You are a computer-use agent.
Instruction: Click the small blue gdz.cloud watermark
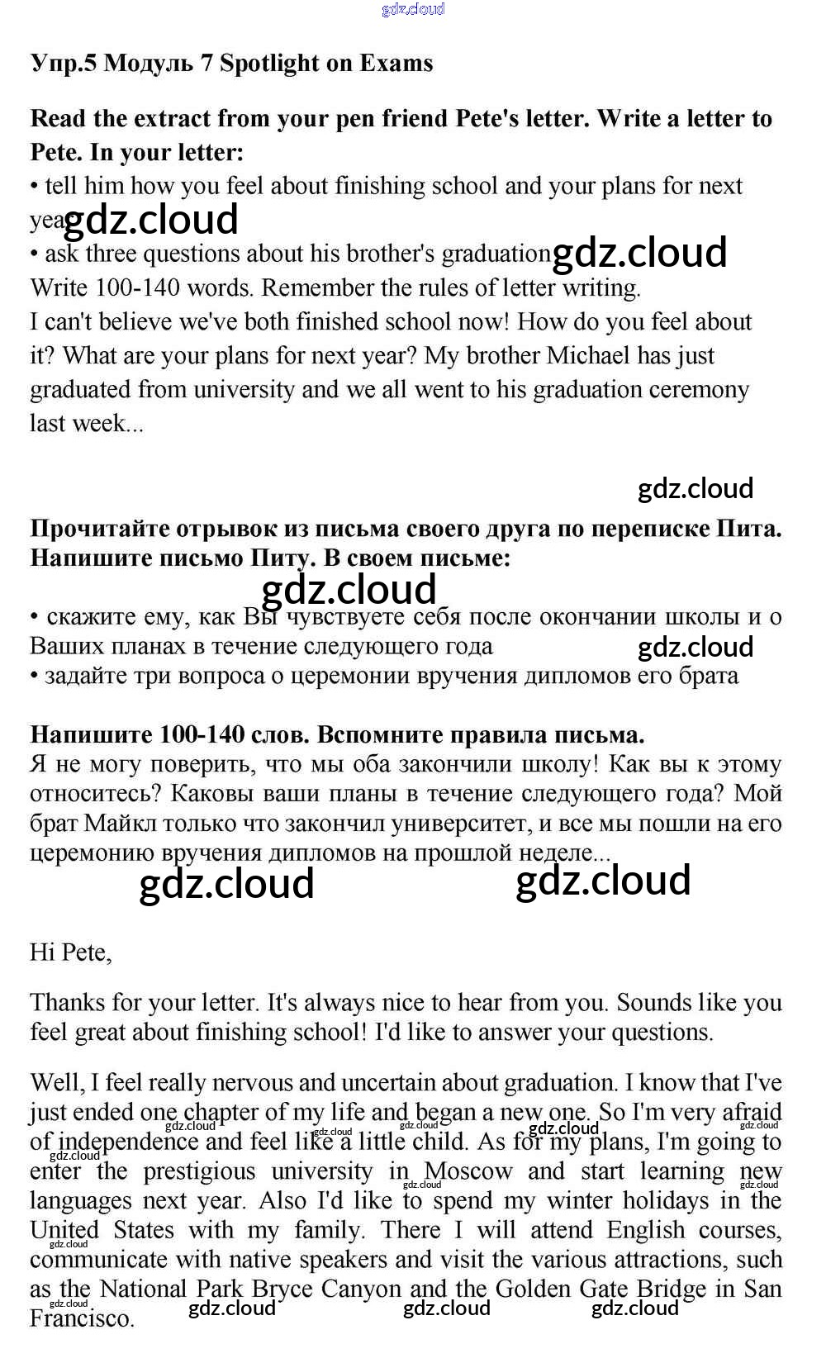coord(413,9)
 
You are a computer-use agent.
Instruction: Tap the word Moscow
coord(468,1171)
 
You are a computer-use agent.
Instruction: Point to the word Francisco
coord(81,1318)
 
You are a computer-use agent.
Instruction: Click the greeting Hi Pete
coord(70,952)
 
